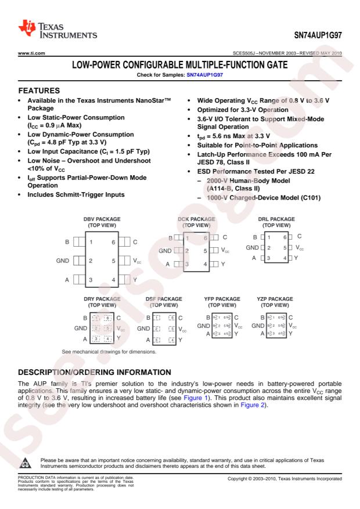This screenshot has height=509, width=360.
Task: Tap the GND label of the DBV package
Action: point(63,261)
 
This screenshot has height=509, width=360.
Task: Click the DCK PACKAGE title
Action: point(195,219)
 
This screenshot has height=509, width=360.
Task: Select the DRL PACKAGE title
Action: point(276,219)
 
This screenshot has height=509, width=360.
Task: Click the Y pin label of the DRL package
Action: point(296,257)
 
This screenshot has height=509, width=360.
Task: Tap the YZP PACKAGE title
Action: point(275,299)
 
